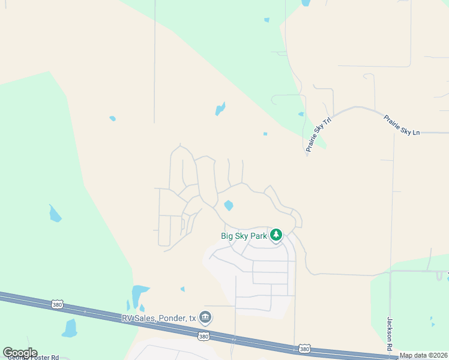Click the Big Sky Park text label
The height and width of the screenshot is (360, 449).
[x=244, y=236]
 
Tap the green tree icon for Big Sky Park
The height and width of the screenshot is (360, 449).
[x=276, y=235]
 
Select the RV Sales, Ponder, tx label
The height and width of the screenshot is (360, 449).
[x=158, y=317]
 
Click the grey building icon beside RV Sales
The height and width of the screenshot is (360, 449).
[x=205, y=317]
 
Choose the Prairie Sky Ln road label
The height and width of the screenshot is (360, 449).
[x=402, y=125]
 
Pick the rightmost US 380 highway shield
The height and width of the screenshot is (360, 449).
[x=305, y=349]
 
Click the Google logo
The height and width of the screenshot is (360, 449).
[x=20, y=353]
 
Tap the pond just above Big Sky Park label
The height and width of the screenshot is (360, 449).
[x=229, y=205]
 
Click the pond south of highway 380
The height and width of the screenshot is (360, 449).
[x=70, y=328]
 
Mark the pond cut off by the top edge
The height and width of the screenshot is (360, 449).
[x=306, y=2]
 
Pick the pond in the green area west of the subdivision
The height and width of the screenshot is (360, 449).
[x=55, y=214]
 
